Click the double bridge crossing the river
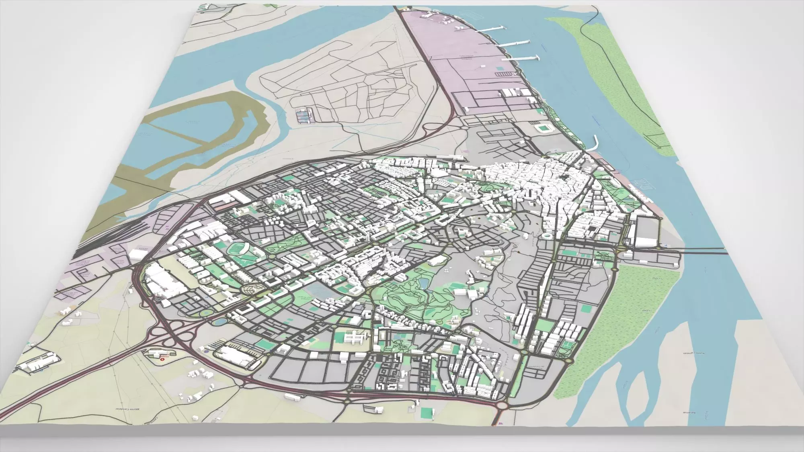click(703, 253)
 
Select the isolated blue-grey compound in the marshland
click(304, 116)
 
